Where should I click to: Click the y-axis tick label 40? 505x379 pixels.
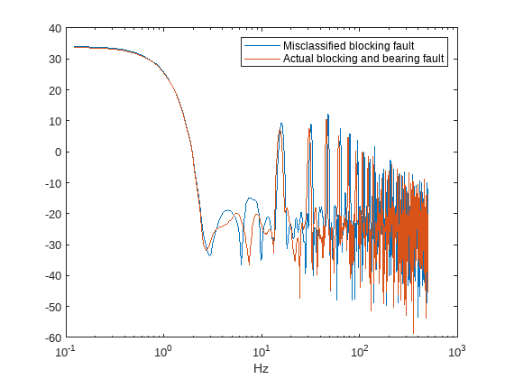click(x=55, y=29)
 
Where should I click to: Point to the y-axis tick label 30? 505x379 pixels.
click(x=55, y=60)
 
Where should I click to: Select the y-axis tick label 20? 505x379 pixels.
click(x=55, y=90)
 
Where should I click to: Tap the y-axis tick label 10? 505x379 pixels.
click(x=55, y=121)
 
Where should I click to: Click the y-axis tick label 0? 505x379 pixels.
click(x=58, y=152)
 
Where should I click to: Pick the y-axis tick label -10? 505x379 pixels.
click(x=53, y=182)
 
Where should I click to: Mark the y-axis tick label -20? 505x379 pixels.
click(x=53, y=214)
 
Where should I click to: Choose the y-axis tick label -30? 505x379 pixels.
click(x=53, y=245)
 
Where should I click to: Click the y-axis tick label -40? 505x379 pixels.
click(x=53, y=275)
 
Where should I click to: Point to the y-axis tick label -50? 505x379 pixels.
click(x=53, y=306)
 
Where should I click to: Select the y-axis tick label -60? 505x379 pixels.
click(x=53, y=337)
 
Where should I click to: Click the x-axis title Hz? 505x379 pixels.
click(x=262, y=368)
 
